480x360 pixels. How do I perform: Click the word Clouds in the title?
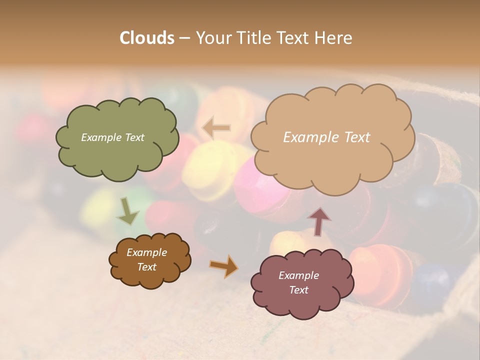pyautogui.click(x=146, y=38)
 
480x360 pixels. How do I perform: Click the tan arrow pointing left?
pyautogui.click(x=216, y=128)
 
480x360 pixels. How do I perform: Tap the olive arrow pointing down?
pyautogui.click(x=127, y=211)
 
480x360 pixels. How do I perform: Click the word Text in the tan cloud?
pyautogui.click(x=353, y=137)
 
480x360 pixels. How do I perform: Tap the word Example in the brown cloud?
pyautogui.click(x=146, y=252)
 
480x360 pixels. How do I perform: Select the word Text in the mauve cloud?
pyautogui.click(x=298, y=290)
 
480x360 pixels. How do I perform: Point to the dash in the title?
pyautogui.click(x=184, y=38)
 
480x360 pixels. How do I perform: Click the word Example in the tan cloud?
pyautogui.click(x=308, y=137)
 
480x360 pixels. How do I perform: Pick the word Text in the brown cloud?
pyautogui.click(x=146, y=267)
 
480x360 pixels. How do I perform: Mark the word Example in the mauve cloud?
pyautogui.click(x=298, y=275)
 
